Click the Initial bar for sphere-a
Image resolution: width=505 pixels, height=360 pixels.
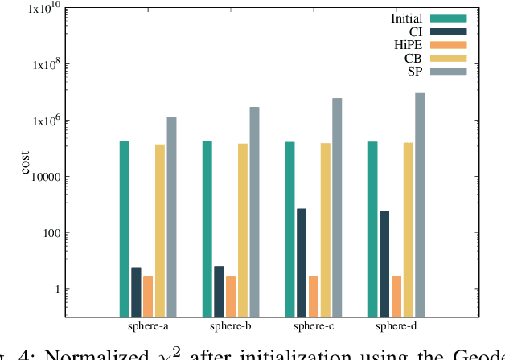(125, 229)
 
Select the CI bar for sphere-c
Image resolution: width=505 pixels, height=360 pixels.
(302, 263)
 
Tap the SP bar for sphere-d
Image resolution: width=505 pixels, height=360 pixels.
(420, 205)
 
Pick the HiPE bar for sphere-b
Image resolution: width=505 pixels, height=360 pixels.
(231, 297)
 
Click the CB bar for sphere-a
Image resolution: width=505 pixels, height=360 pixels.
(160, 231)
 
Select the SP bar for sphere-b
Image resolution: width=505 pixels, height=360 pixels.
(254, 212)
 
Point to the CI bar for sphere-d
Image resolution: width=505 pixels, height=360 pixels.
(384, 264)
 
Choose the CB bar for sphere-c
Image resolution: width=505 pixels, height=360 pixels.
(326, 230)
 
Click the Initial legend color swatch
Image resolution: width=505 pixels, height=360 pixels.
(448, 18)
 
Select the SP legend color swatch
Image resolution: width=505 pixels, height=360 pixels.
(448, 72)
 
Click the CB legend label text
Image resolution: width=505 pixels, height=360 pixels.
(414, 58)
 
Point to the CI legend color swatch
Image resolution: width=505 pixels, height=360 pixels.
(448, 31)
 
